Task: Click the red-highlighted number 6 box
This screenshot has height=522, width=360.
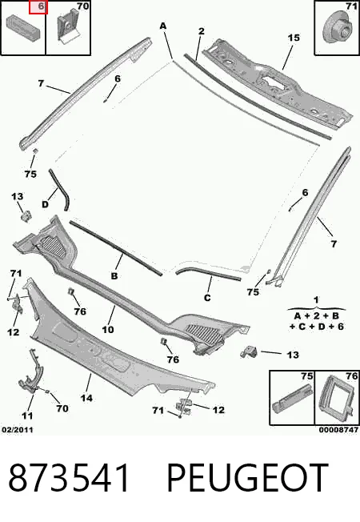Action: pos(38,7)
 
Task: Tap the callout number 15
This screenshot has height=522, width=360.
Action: pos(294,38)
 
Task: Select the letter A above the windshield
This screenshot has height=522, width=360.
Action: pos(162,26)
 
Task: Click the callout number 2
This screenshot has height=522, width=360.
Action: pos(202,31)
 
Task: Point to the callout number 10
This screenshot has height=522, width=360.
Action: pos(108,330)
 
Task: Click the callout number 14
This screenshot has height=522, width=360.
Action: pos(86,398)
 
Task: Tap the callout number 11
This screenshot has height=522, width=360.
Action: pos(27,416)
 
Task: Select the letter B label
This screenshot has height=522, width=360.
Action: pos(114,276)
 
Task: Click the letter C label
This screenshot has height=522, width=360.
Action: pos(207,297)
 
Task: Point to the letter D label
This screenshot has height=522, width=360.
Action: pos(45,204)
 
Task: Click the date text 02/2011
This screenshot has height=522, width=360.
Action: pos(18,430)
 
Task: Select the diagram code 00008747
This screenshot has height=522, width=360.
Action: pos(338,430)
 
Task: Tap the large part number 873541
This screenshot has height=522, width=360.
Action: pos(70,478)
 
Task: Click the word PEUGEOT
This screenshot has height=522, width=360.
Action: pos(247,478)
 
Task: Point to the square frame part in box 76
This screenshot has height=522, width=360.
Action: pos(334,398)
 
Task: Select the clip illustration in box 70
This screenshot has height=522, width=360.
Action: pos(67,27)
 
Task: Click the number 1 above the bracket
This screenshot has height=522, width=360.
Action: pos(316,300)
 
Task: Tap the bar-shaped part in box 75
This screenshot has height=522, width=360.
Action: pos(292,397)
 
